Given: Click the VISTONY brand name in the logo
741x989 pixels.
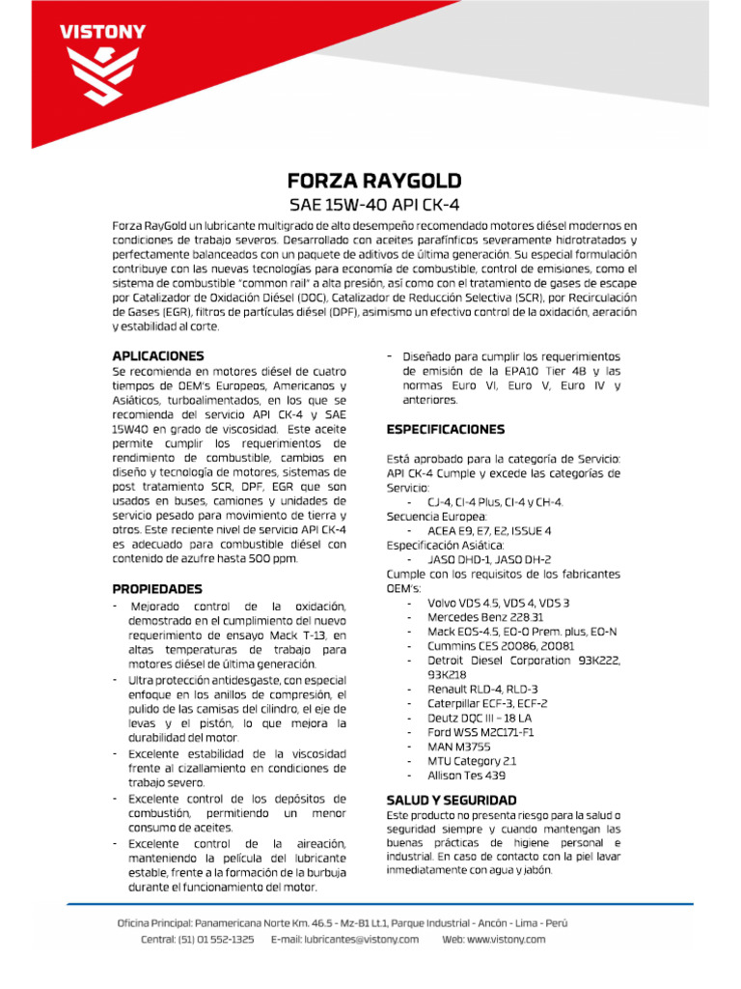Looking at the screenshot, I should [x=103, y=32].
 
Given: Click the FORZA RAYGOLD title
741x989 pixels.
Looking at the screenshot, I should [x=361, y=181].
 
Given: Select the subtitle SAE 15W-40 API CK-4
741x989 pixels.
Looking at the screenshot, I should [x=361, y=205].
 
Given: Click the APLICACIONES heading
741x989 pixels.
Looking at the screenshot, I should [x=158, y=355].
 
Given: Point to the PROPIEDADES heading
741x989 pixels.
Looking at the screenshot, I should [x=157, y=588].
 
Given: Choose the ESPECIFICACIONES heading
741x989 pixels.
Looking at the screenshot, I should [x=445, y=429].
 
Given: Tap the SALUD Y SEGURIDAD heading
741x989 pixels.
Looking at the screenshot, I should [x=452, y=800].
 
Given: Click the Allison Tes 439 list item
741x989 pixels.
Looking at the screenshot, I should [x=467, y=776].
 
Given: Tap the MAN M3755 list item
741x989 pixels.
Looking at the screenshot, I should [x=459, y=747].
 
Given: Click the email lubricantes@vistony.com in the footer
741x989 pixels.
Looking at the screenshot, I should [x=344, y=939].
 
